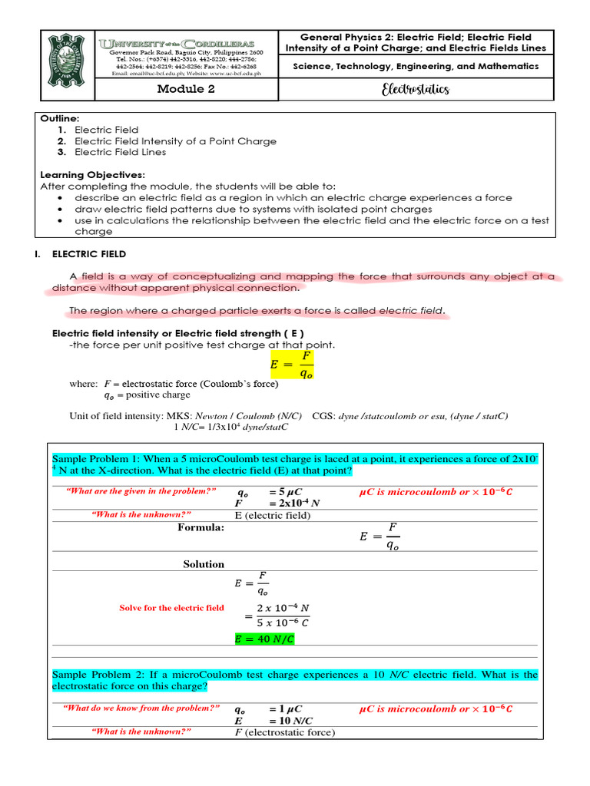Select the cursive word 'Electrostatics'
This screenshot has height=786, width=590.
point(415,90)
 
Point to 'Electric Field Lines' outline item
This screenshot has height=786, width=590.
point(120,152)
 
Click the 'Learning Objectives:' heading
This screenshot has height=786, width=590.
point(92,175)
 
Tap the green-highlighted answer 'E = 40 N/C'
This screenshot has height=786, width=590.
point(264,639)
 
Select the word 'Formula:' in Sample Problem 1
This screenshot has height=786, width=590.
point(201,527)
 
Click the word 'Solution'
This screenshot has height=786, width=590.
point(204,564)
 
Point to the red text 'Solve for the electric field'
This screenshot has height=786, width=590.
point(171,608)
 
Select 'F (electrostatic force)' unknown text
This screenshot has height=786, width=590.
point(284,733)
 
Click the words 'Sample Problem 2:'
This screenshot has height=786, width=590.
point(96,675)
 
